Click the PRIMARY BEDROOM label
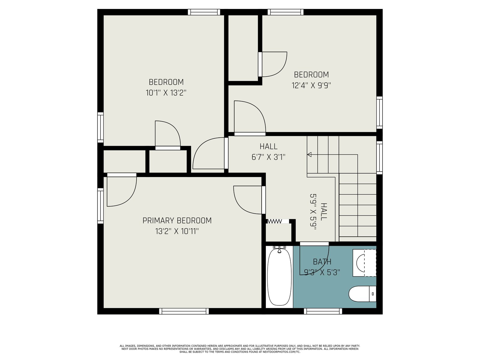(177, 220)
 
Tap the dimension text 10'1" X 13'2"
(166, 93)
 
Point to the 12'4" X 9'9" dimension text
(311, 85)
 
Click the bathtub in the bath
(279, 277)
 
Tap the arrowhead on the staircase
(309, 154)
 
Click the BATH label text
(322, 262)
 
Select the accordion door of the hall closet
(278, 221)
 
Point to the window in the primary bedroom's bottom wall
(184, 311)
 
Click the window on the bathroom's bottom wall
(323, 311)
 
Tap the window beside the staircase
(379, 157)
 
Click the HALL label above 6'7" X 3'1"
(268, 146)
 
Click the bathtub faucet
(279, 249)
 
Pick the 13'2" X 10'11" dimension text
(177, 231)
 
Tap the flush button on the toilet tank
(373, 294)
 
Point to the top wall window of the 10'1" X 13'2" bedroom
(204, 12)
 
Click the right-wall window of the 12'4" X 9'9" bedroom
(379, 112)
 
